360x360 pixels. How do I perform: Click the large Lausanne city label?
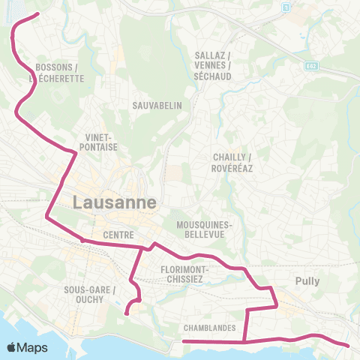[x=115, y=202]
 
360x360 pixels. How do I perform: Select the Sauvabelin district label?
[x=157, y=106]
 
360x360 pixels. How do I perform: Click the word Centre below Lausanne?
[x=118, y=235]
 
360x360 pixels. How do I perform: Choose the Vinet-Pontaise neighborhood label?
[x=98, y=142]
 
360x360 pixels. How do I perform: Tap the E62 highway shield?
[x=310, y=67]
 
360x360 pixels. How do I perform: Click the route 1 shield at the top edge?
[x=285, y=7]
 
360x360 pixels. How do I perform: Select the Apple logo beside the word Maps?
[x=12, y=348]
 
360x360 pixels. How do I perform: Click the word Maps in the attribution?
[x=32, y=348]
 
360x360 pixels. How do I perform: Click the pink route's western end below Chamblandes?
[x=184, y=342]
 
